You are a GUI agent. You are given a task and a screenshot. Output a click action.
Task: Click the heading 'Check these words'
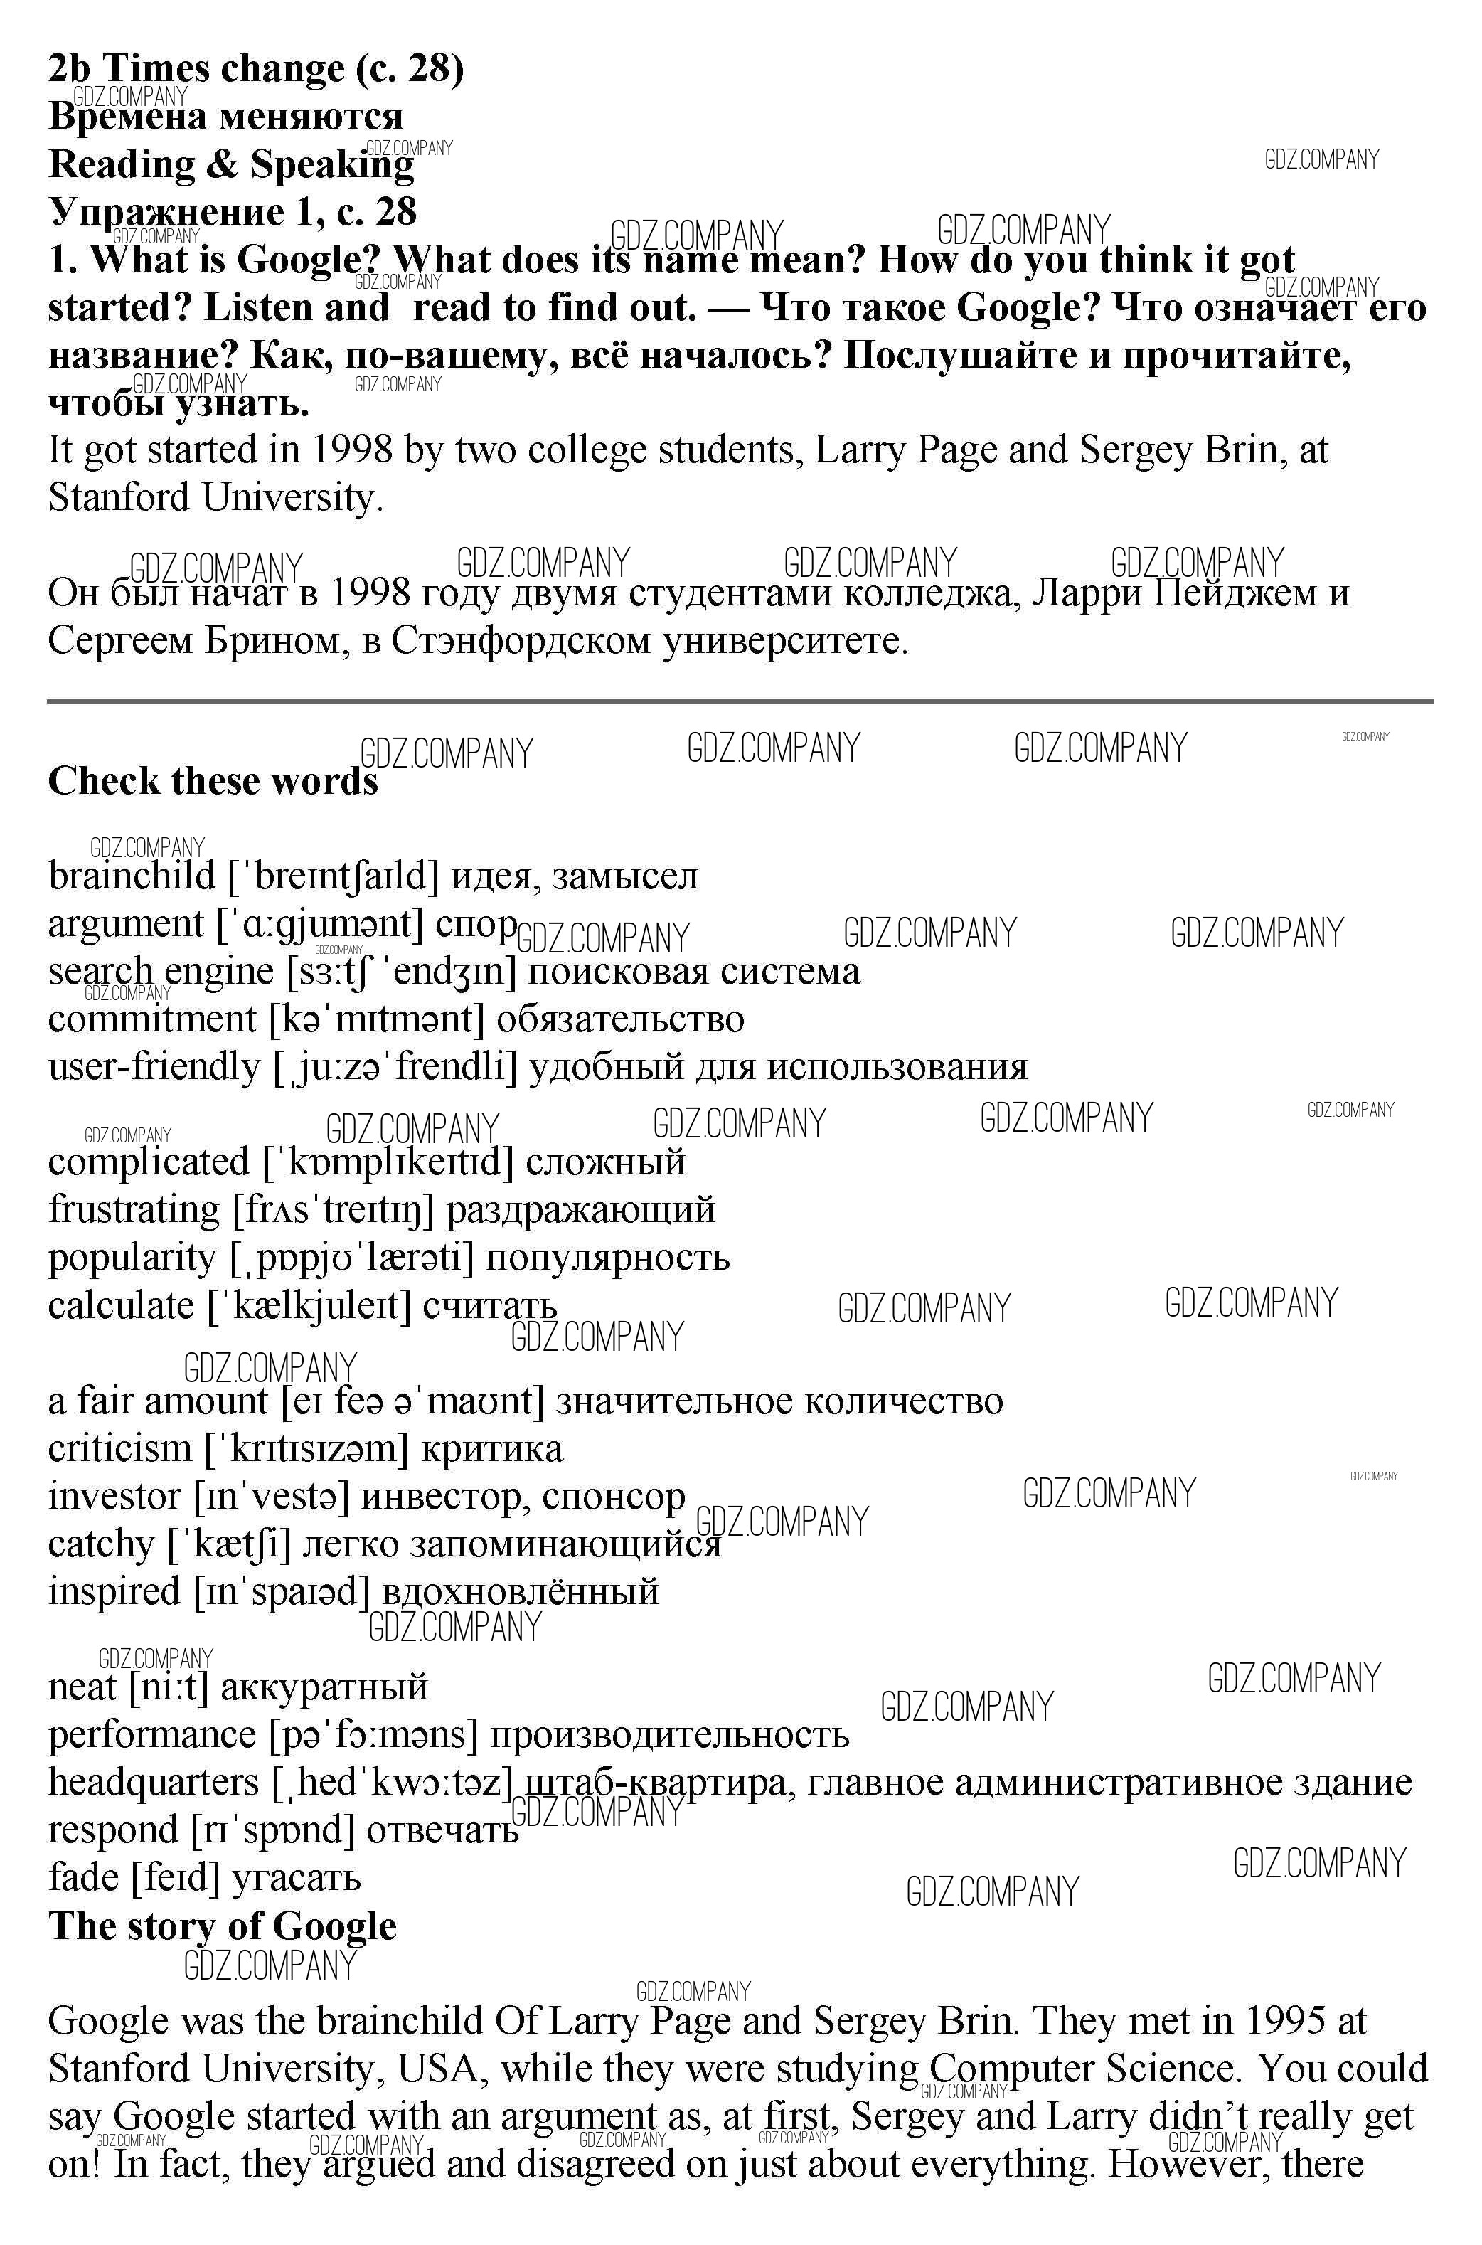pos(213,782)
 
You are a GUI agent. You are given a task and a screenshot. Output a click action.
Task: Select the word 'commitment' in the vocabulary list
pos(152,1019)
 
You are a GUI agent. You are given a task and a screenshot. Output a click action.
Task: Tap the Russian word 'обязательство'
pos(620,1019)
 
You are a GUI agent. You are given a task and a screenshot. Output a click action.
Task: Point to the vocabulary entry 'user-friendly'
pos(153,1066)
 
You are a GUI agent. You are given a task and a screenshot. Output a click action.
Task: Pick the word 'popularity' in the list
pos(132,1258)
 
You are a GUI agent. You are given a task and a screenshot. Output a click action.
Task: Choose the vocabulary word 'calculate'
pos(121,1305)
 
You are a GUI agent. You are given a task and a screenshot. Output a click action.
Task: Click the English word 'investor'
pos(114,1497)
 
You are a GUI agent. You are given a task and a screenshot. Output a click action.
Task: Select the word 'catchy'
pos(101,1544)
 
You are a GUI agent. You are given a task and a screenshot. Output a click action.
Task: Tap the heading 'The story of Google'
pos(222,1926)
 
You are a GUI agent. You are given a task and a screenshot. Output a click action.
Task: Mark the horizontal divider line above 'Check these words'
pos(740,701)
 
